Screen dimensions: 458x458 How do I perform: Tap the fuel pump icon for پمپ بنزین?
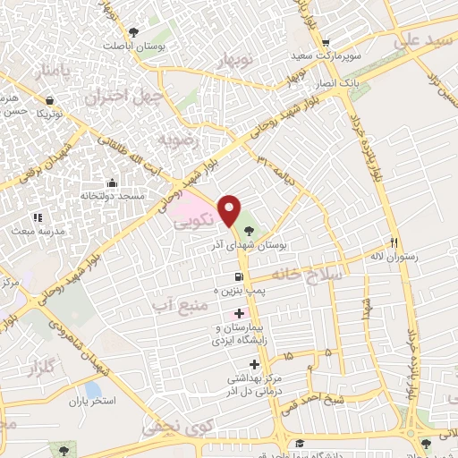coord(239,276)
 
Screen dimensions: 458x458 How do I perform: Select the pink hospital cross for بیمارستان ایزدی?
coord(238,314)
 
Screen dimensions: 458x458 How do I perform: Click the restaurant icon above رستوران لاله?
coord(393,242)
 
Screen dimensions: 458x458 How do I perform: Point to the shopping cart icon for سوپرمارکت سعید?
coord(326,42)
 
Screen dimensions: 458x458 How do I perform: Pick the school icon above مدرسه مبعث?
coord(37,217)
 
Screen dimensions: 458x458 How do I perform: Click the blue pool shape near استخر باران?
coord(93,390)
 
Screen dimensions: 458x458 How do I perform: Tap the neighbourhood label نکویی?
coord(193,216)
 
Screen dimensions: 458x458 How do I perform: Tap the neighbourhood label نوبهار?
coord(237,60)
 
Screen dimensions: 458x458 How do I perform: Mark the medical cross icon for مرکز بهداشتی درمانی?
coord(255,364)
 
